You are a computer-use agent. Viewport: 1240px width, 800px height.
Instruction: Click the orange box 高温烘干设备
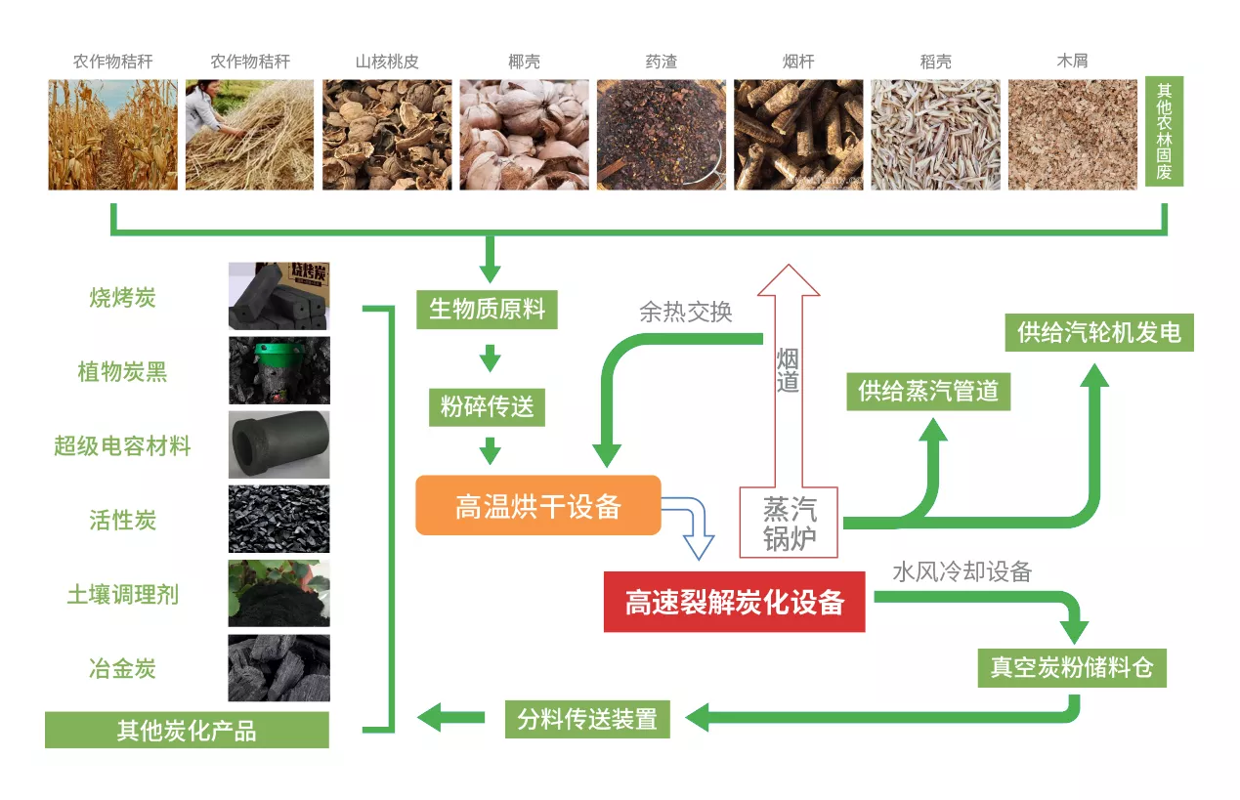pyautogui.click(x=538, y=505)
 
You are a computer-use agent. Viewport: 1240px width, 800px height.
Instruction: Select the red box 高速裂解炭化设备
pyautogui.click(x=734, y=602)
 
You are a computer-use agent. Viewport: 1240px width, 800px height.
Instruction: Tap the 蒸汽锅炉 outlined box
pyautogui.click(x=789, y=523)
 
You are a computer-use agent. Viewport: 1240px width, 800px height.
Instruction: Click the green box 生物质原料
pyautogui.click(x=488, y=310)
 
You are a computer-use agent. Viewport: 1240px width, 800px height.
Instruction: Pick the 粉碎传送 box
pyautogui.click(x=488, y=407)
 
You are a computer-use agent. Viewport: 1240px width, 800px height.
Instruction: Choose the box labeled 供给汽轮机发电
pyautogui.click(x=1099, y=332)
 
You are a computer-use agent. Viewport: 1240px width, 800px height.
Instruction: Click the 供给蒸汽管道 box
pyautogui.click(x=928, y=392)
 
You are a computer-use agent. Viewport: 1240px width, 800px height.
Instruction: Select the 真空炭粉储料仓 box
pyautogui.click(x=1072, y=668)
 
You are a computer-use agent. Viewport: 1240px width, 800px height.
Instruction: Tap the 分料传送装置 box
pyautogui.click(x=587, y=719)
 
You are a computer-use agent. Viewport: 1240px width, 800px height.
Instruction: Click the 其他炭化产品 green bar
pyautogui.click(x=187, y=731)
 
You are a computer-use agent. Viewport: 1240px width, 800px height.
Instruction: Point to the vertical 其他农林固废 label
pyautogui.click(x=1164, y=131)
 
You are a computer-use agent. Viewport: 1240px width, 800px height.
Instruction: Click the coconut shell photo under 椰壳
pyautogui.click(x=524, y=135)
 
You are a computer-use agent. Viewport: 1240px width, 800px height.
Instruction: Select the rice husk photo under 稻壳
pyautogui.click(x=935, y=135)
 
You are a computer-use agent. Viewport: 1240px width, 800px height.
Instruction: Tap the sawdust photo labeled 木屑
pyautogui.click(x=1073, y=135)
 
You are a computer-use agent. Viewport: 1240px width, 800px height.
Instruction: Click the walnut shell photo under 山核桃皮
pyautogui.click(x=387, y=135)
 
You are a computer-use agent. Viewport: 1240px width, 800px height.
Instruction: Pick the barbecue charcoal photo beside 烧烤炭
pyautogui.click(x=279, y=296)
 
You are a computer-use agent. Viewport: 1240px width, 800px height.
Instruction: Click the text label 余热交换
pyautogui.click(x=686, y=313)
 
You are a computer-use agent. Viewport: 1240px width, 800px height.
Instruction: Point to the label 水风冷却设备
pyautogui.click(x=962, y=572)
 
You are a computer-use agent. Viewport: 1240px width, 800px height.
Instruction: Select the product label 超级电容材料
pyautogui.click(x=122, y=446)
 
